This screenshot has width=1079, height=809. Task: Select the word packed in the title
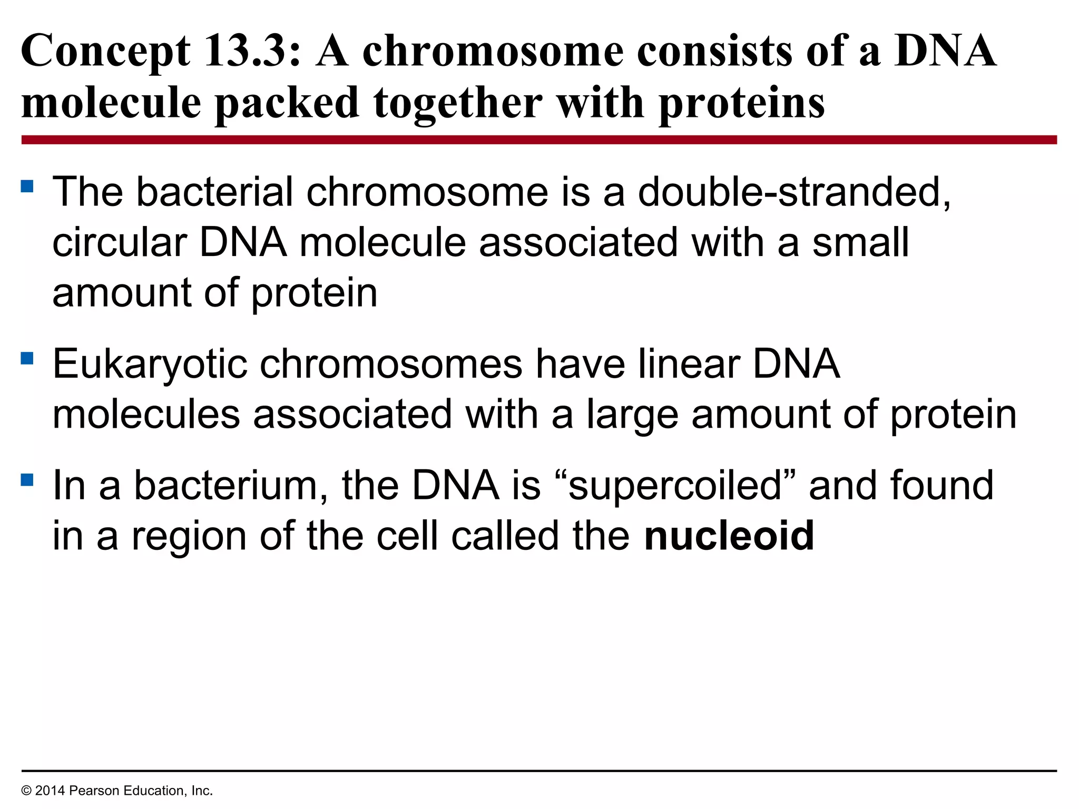[x=287, y=103]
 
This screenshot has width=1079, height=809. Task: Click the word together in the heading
[x=458, y=103]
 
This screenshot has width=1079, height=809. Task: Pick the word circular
[x=120, y=243]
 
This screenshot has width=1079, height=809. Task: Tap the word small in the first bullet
[x=860, y=243]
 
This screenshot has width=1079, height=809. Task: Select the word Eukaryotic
[x=150, y=364]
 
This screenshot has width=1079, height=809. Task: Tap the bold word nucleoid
[x=729, y=536]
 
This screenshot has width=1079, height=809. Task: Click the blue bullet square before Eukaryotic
[x=27, y=359]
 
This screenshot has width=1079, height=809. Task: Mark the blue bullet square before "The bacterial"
[x=27, y=186]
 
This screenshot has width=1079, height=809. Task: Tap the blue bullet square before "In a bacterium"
[x=27, y=480]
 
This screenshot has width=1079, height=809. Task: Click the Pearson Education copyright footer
[x=117, y=791]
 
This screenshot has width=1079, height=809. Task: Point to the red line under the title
[x=539, y=140]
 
